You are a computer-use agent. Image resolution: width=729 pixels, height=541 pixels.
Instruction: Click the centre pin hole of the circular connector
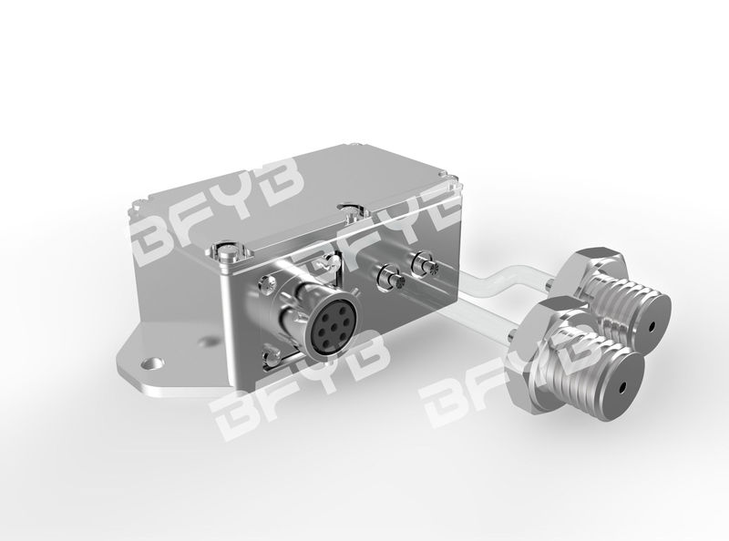327,332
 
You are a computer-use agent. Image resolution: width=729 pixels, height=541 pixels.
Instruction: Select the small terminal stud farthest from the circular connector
424,263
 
